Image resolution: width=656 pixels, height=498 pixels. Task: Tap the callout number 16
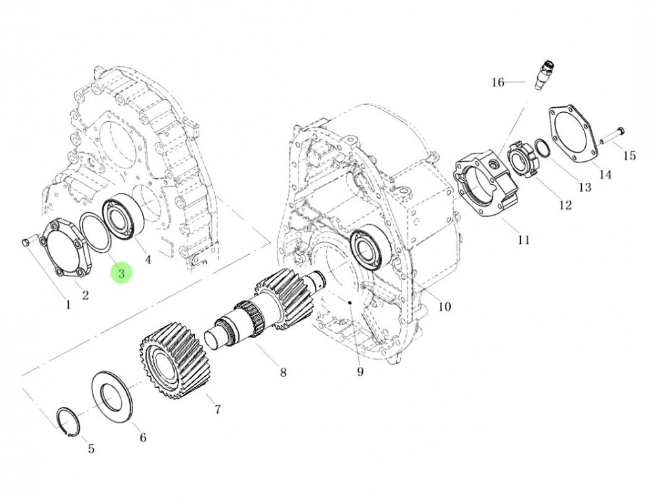point(498,82)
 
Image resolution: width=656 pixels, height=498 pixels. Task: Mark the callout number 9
point(360,373)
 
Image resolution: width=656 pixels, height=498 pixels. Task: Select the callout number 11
point(523,240)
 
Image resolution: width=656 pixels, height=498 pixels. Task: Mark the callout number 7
point(217,410)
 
